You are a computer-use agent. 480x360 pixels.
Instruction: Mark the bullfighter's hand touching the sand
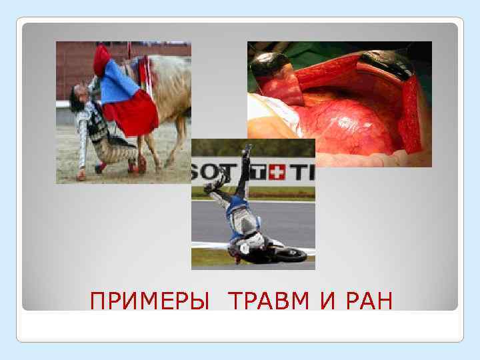point(81,176)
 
